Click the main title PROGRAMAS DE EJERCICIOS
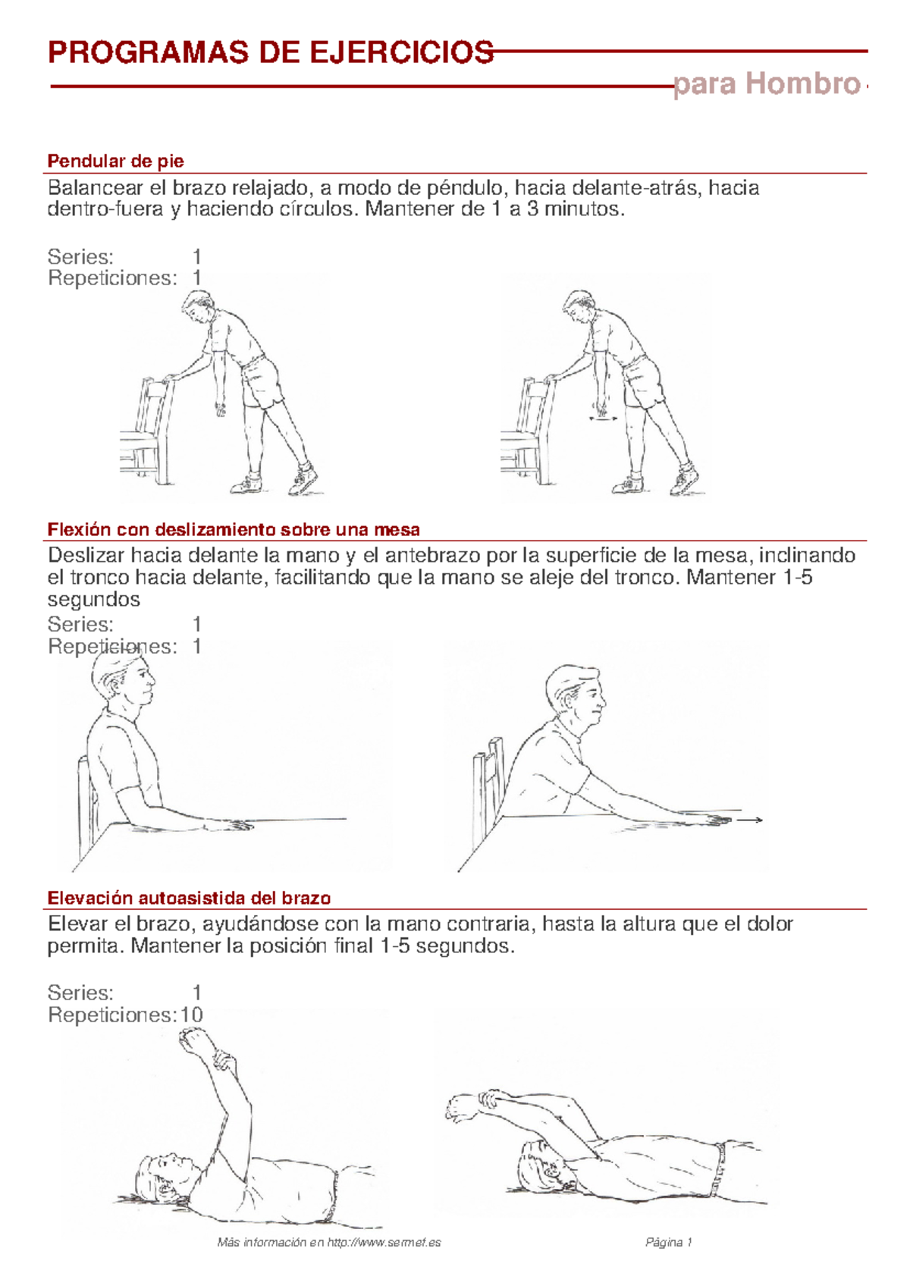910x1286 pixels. click(x=271, y=52)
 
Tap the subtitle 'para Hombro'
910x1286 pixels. click(x=767, y=84)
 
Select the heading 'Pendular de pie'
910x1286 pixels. click(x=115, y=162)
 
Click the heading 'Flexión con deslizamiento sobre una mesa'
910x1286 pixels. click(x=234, y=529)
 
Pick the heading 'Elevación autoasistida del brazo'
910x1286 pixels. click(x=190, y=898)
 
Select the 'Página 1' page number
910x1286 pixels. click(x=669, y=1243)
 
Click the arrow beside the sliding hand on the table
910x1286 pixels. click(x=750, y=820)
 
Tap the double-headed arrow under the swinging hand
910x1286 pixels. click(x=604, y=419)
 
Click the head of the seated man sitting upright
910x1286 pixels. click(x=124, y=680)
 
